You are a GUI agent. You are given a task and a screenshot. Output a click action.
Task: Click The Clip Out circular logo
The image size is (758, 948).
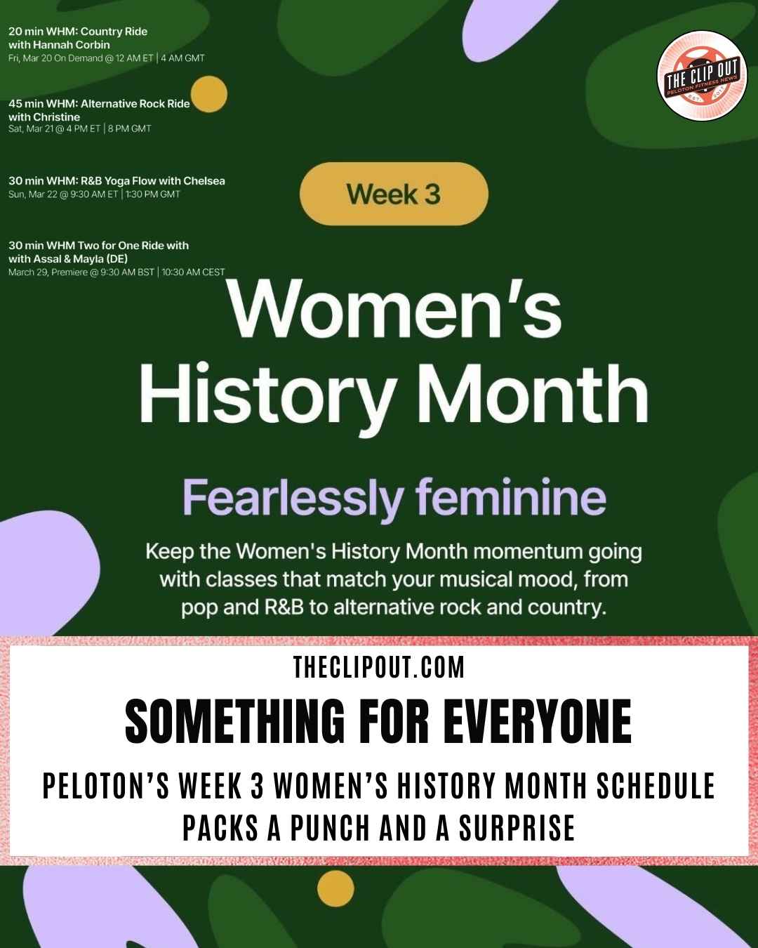(702, 76)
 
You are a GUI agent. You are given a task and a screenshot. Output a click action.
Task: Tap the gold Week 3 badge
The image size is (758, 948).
(394, 194)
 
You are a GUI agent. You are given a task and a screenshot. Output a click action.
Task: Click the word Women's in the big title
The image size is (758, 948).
(394, 310)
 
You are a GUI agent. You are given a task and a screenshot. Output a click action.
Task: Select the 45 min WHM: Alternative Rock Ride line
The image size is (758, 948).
(99, 103)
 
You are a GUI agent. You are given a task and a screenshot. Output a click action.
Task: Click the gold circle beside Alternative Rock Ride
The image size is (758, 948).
(209, 94)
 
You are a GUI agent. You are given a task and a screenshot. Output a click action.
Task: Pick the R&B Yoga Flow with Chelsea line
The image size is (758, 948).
(117, 180)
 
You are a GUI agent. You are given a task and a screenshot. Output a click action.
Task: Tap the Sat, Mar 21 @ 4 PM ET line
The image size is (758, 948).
(79, 129)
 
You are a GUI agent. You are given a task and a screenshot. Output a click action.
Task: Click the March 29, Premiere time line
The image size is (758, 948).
(117, 272)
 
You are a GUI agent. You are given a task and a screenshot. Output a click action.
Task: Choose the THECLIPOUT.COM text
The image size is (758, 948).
(379, 667)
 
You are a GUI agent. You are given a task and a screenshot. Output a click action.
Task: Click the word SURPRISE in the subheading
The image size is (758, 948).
(517, 828)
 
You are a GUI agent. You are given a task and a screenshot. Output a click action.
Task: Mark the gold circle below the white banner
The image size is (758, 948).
(335, 888)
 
